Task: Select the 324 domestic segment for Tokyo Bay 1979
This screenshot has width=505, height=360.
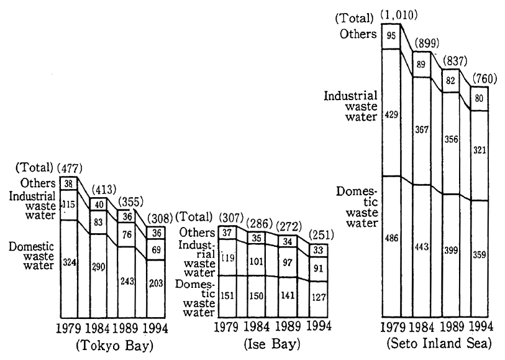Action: point(69,263)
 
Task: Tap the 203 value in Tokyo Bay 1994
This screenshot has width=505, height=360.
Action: point(155,284)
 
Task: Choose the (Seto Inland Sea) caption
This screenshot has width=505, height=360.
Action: point(439,343)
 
